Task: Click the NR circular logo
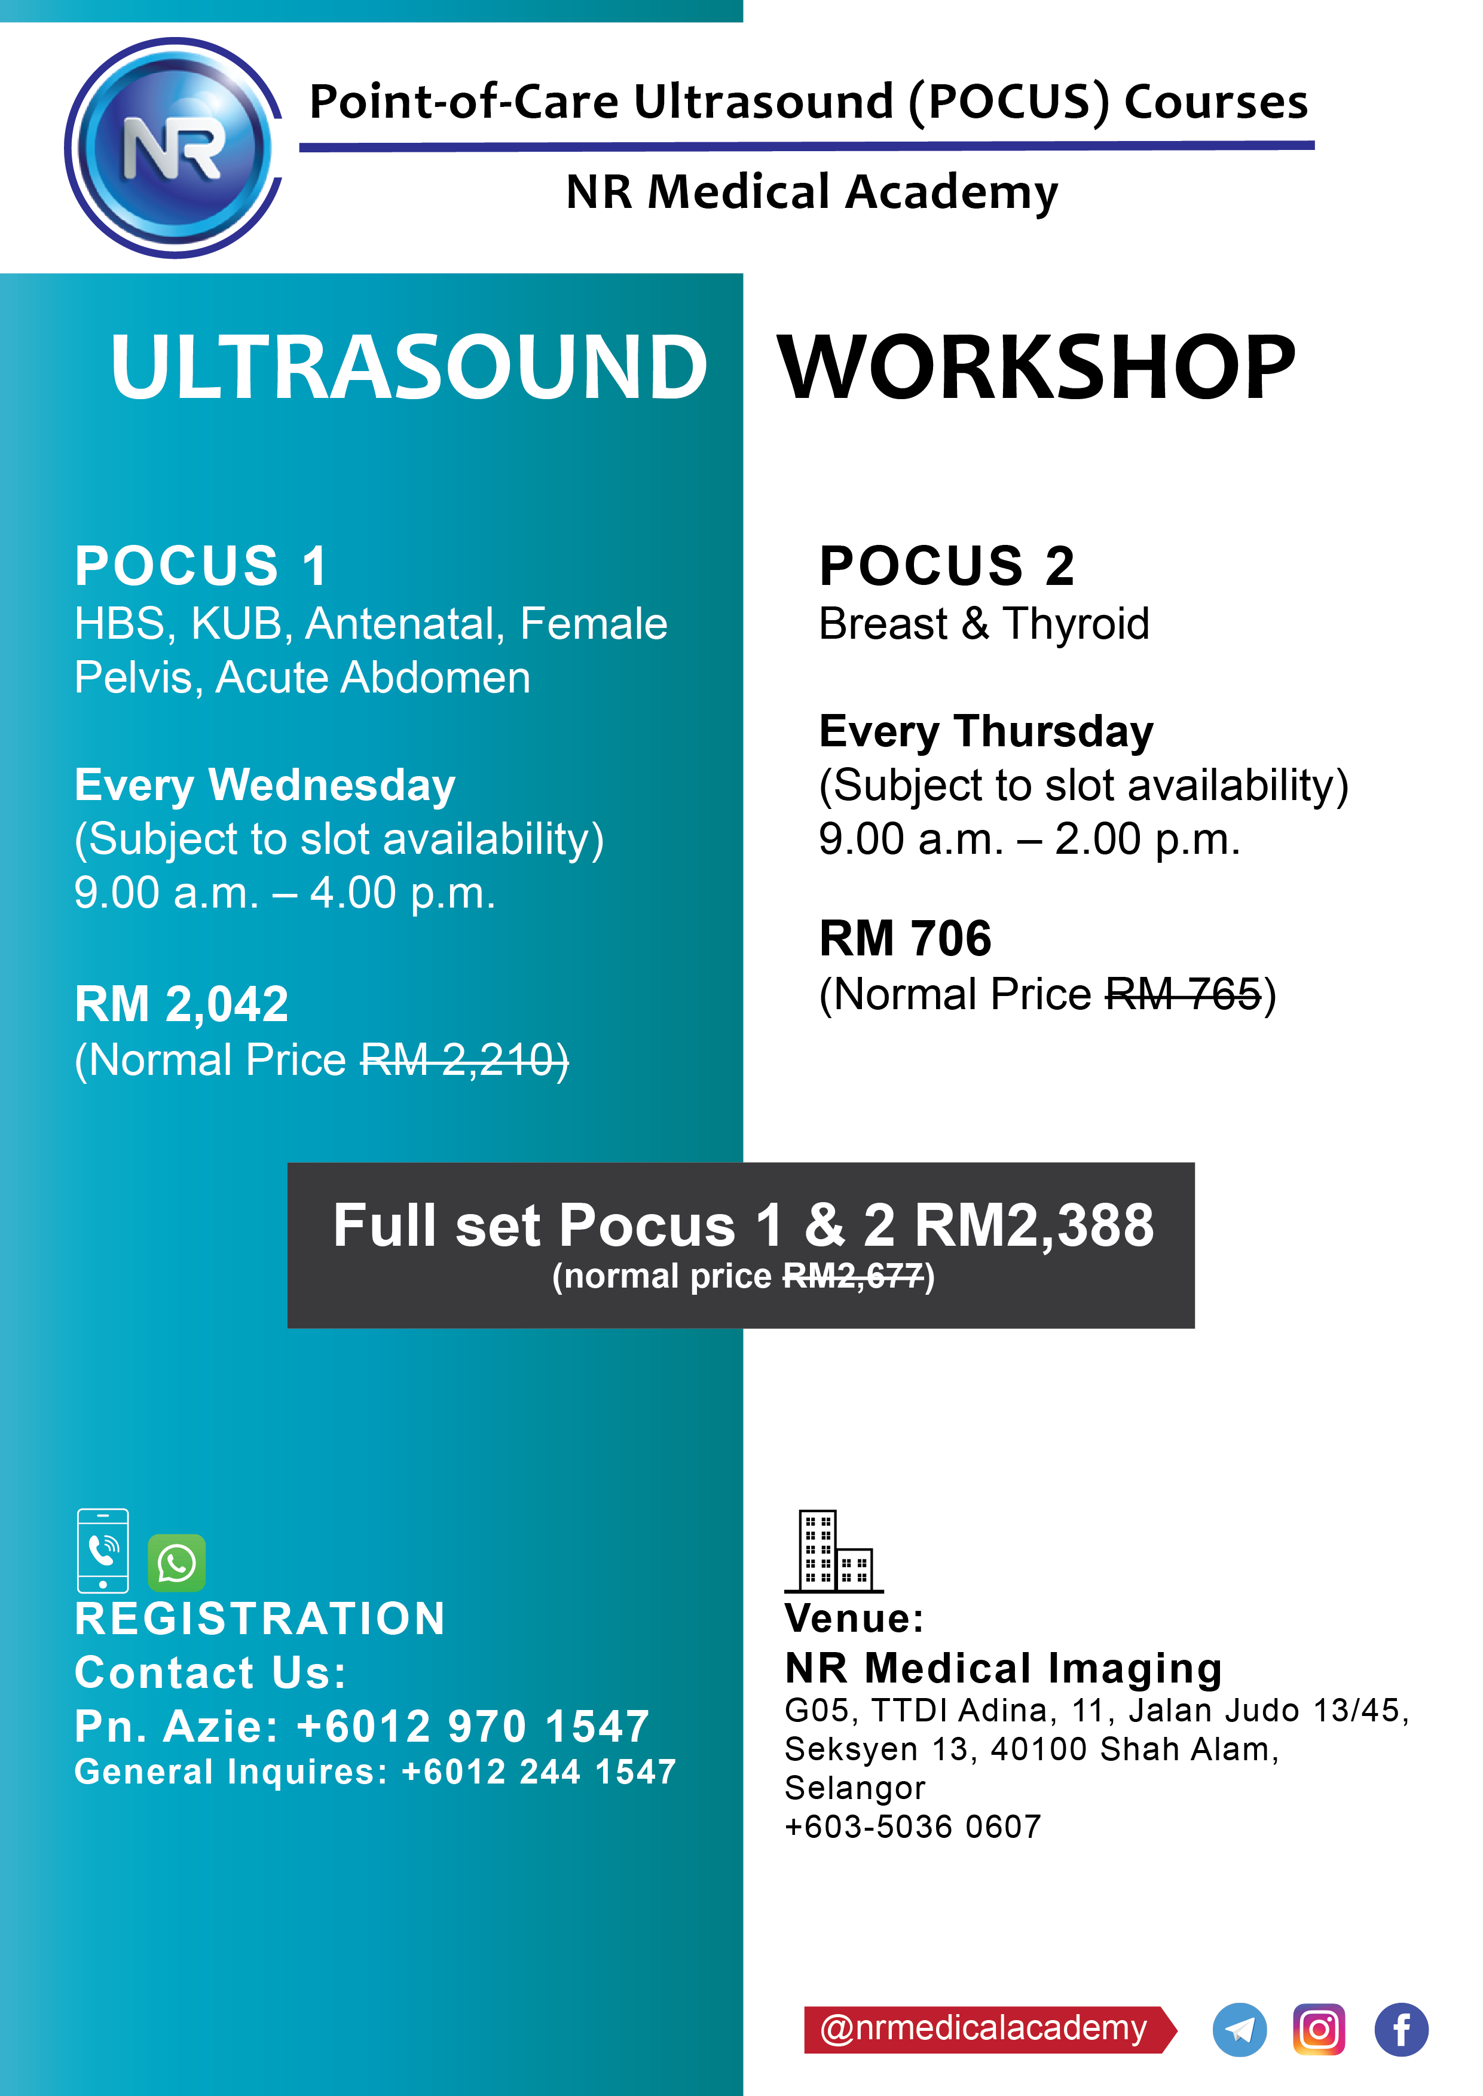[x=173, y=148]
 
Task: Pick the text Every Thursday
[x=986, y=731]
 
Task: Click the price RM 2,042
[x=182, y=1004]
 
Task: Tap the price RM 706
[x=905, y=939]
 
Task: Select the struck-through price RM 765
[x=1184, y=994]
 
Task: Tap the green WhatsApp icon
[x=176, y=1563]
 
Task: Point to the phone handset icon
[x=103, y=1550]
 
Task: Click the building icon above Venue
[x=834, y=1552]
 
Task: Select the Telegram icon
[x=1239, y=2030]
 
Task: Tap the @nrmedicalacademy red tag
[x=990, y=2029]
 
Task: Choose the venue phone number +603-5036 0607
[x=912, y=1827]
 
